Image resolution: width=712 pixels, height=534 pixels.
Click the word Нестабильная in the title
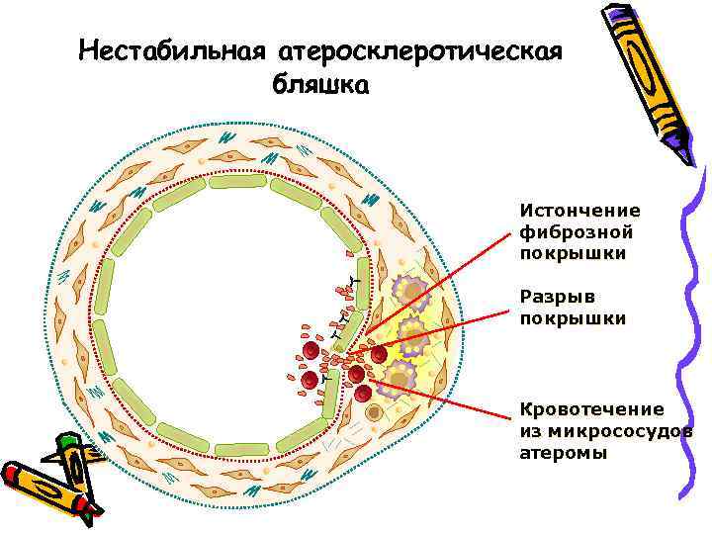pos(170,48)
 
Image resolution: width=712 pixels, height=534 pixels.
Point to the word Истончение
pos(579,211)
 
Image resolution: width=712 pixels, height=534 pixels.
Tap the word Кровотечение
pos(592,409)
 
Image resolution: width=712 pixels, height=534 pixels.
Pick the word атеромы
pos(561,453)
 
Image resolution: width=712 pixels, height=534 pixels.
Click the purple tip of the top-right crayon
pos(681,151)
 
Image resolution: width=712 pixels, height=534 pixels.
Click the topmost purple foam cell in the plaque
pos(408,291)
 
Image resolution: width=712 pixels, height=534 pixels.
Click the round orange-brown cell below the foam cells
pos(374,412)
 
